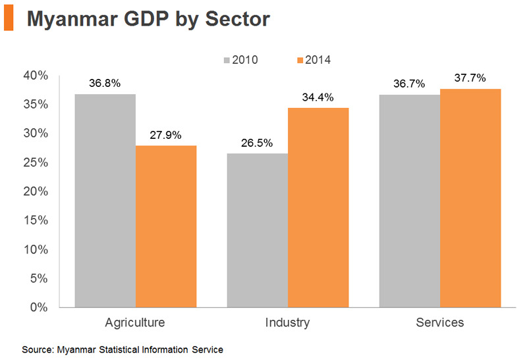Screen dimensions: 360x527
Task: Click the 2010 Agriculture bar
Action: point(105,201)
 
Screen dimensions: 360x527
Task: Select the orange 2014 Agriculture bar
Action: point(166,226)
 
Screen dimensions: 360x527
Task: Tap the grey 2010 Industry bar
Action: point(257,230)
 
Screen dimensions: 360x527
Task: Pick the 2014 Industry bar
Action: point(318,207)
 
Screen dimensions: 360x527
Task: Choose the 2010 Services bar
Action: point(409,201)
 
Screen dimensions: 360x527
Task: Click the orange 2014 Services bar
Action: point(470,198)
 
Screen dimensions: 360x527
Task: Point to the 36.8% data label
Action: point(105,84)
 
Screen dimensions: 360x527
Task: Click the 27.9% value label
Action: point(166,135)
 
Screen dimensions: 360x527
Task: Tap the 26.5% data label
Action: point(257,143)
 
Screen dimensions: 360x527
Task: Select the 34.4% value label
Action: point(318,97)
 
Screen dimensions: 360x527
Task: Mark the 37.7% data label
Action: point(470,78)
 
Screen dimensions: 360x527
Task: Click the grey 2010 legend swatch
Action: point(227,60)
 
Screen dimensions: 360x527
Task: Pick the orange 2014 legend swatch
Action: point(300,60)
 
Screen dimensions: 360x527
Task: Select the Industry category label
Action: point(287,323)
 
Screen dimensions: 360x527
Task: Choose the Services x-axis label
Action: point(440,323)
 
